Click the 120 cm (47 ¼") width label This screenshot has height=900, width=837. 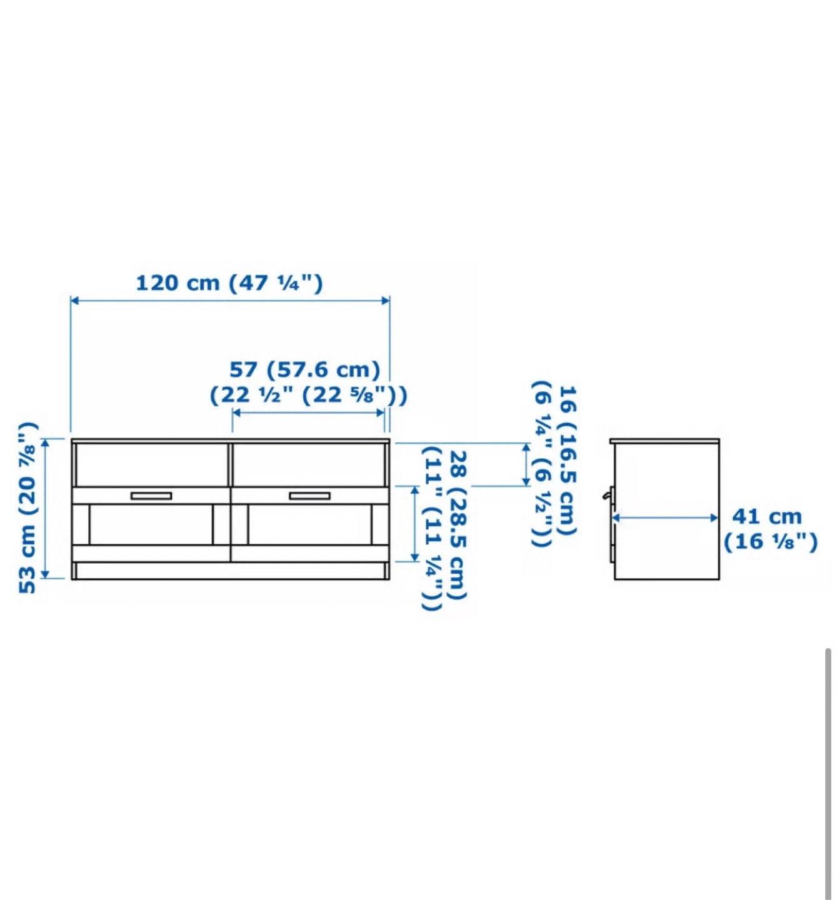click(229, 283)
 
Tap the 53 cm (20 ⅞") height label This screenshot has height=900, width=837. click(28, 507)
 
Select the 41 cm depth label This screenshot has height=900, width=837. click(767, 516)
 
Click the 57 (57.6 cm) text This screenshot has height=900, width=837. click(304, 369)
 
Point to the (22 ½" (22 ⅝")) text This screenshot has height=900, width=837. click(308, 395)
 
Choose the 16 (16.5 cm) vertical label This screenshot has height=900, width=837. click(568, 460)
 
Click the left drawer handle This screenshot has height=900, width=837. click(151, 496)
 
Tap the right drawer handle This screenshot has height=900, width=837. click(309, 496)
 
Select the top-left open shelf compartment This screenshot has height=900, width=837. click(152, 464)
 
